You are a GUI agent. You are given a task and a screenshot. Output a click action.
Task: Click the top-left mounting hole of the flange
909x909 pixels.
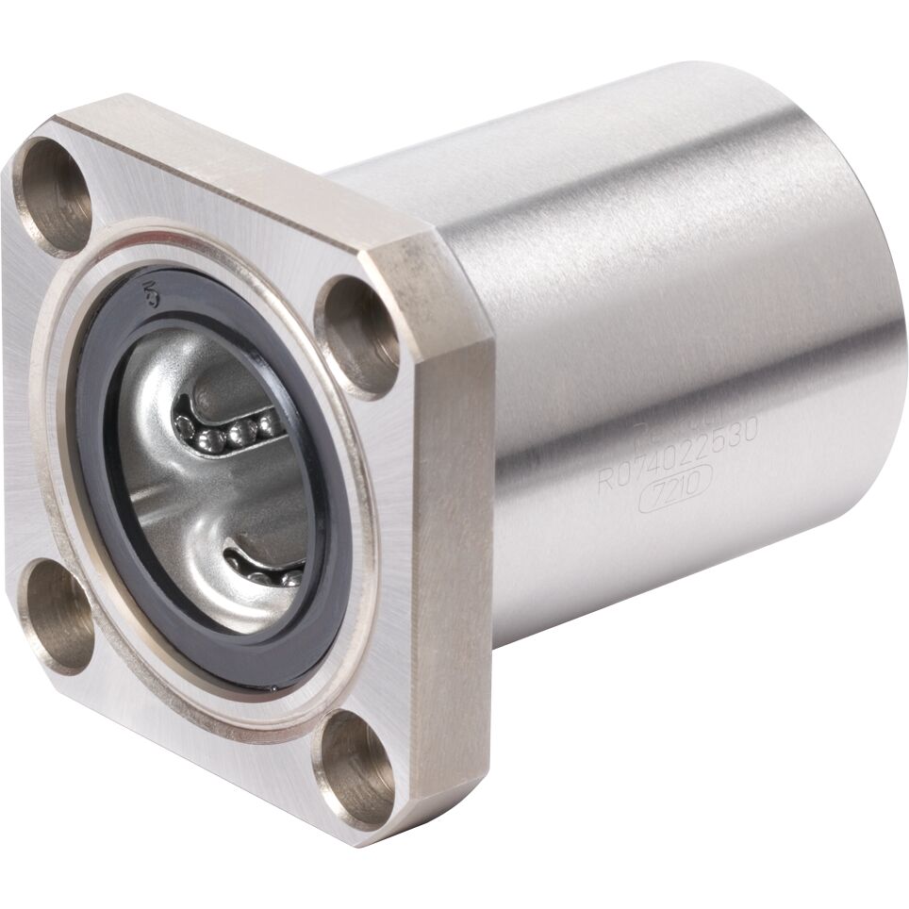pos(55,195)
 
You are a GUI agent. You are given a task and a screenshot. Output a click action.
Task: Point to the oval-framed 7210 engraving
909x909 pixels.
pos(670,495)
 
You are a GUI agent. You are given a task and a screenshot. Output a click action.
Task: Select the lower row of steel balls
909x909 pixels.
pos(269,570)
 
